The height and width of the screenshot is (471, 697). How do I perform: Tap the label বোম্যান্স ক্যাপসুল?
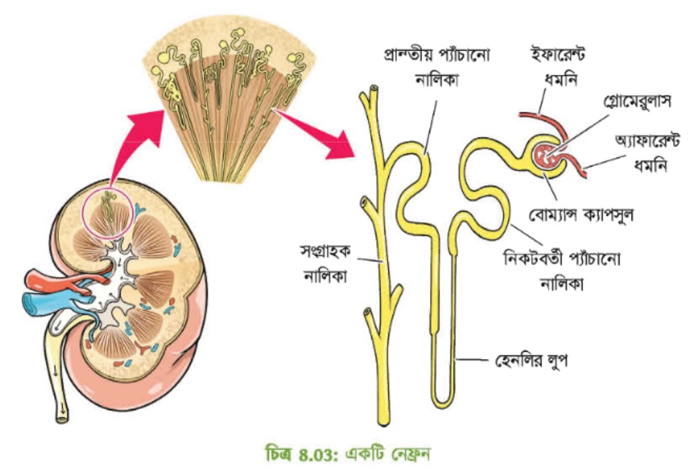[581, 215]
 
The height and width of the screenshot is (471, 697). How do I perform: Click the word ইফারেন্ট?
[558, 54]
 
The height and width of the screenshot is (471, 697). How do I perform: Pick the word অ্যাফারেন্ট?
[647, 140]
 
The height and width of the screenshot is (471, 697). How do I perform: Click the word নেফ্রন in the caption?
[411, 455]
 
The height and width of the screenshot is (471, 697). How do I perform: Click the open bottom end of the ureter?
[62, 418]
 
